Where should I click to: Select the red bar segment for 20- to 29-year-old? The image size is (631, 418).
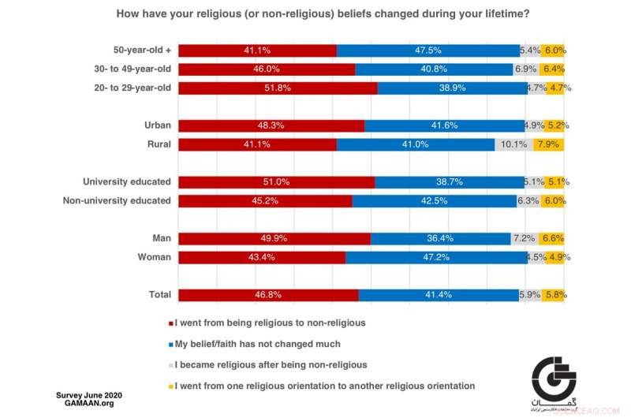(278, 88)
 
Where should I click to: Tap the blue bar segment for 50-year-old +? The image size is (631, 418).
(428, 50)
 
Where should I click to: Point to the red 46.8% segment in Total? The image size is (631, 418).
(268, 295)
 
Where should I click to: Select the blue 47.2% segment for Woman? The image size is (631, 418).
(435, 257)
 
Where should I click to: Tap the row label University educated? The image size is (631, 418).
(127, 181)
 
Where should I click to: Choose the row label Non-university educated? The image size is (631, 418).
(117, 200)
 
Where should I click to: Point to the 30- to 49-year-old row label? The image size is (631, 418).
(132, 69)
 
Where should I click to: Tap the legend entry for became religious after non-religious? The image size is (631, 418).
(268, 365)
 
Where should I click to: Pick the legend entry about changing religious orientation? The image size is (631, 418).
(322, 386)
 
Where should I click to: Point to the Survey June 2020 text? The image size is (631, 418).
(88, 394)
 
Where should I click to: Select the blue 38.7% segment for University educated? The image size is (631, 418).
(449, 181)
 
